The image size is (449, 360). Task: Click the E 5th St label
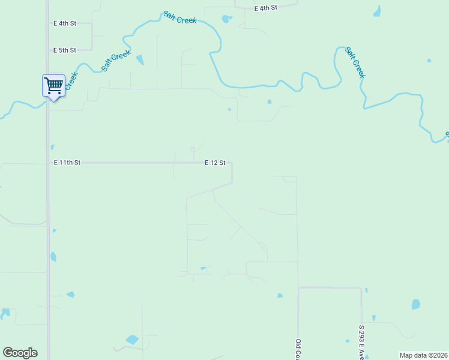(x=65, y=50)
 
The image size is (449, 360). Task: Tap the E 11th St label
(x=67, y=163)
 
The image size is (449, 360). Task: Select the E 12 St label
(x=215, y=163)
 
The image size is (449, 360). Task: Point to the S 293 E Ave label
(x=362, y=342)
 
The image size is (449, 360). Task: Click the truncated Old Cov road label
(x=298, y=349)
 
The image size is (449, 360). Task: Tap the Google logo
(x=20, y=353)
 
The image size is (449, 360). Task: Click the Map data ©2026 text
(x=423, y=355)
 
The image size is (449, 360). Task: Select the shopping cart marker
(x=53, y=86)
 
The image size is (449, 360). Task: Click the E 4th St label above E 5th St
(x=65, y=23)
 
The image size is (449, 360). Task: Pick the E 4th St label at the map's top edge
(x=266, y=8)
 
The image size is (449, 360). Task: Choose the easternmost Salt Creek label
(x=355, y=62)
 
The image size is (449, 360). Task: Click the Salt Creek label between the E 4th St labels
(x=180, y=17)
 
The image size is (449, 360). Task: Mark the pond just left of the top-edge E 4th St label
(x=226, y=19)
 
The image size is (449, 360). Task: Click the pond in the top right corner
(x=377, y=11)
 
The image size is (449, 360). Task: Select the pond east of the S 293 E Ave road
(x=416, y=304)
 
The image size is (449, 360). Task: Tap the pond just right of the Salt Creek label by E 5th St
(x=140, y=59)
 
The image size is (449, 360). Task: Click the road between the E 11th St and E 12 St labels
(x=141, y=163)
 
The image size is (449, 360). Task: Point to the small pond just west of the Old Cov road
(x=280, y=295)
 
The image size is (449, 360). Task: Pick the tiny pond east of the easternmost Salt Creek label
(x=429, y=61)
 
